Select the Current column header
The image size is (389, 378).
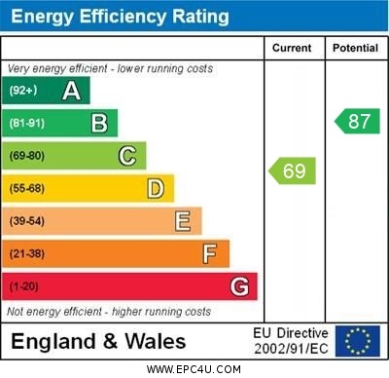292,48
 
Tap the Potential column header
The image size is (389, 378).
355,48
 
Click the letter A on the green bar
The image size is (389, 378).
71,91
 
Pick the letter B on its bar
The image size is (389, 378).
99,123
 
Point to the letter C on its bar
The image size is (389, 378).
127,156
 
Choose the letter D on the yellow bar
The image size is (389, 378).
156,188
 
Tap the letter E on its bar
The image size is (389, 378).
183,221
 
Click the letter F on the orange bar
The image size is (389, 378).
210,253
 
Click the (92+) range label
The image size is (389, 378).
23,91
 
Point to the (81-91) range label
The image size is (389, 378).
27,123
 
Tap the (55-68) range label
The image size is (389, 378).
27,188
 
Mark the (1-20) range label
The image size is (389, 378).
24,286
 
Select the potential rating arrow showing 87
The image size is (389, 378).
357,122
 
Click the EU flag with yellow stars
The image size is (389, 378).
358,340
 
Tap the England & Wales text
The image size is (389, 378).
98,342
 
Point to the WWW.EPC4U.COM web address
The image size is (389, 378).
194,369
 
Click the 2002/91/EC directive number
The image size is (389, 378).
291,348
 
